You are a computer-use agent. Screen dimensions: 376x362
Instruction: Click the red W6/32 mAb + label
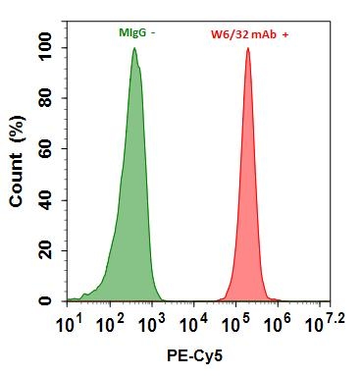point(248,34)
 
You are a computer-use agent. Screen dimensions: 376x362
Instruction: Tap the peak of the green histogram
point(134,49)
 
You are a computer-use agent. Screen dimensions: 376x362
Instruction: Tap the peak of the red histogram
point(247,49)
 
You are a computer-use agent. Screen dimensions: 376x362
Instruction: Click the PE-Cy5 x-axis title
point(196,358)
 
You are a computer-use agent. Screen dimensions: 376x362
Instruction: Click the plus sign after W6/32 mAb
point(285,34)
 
